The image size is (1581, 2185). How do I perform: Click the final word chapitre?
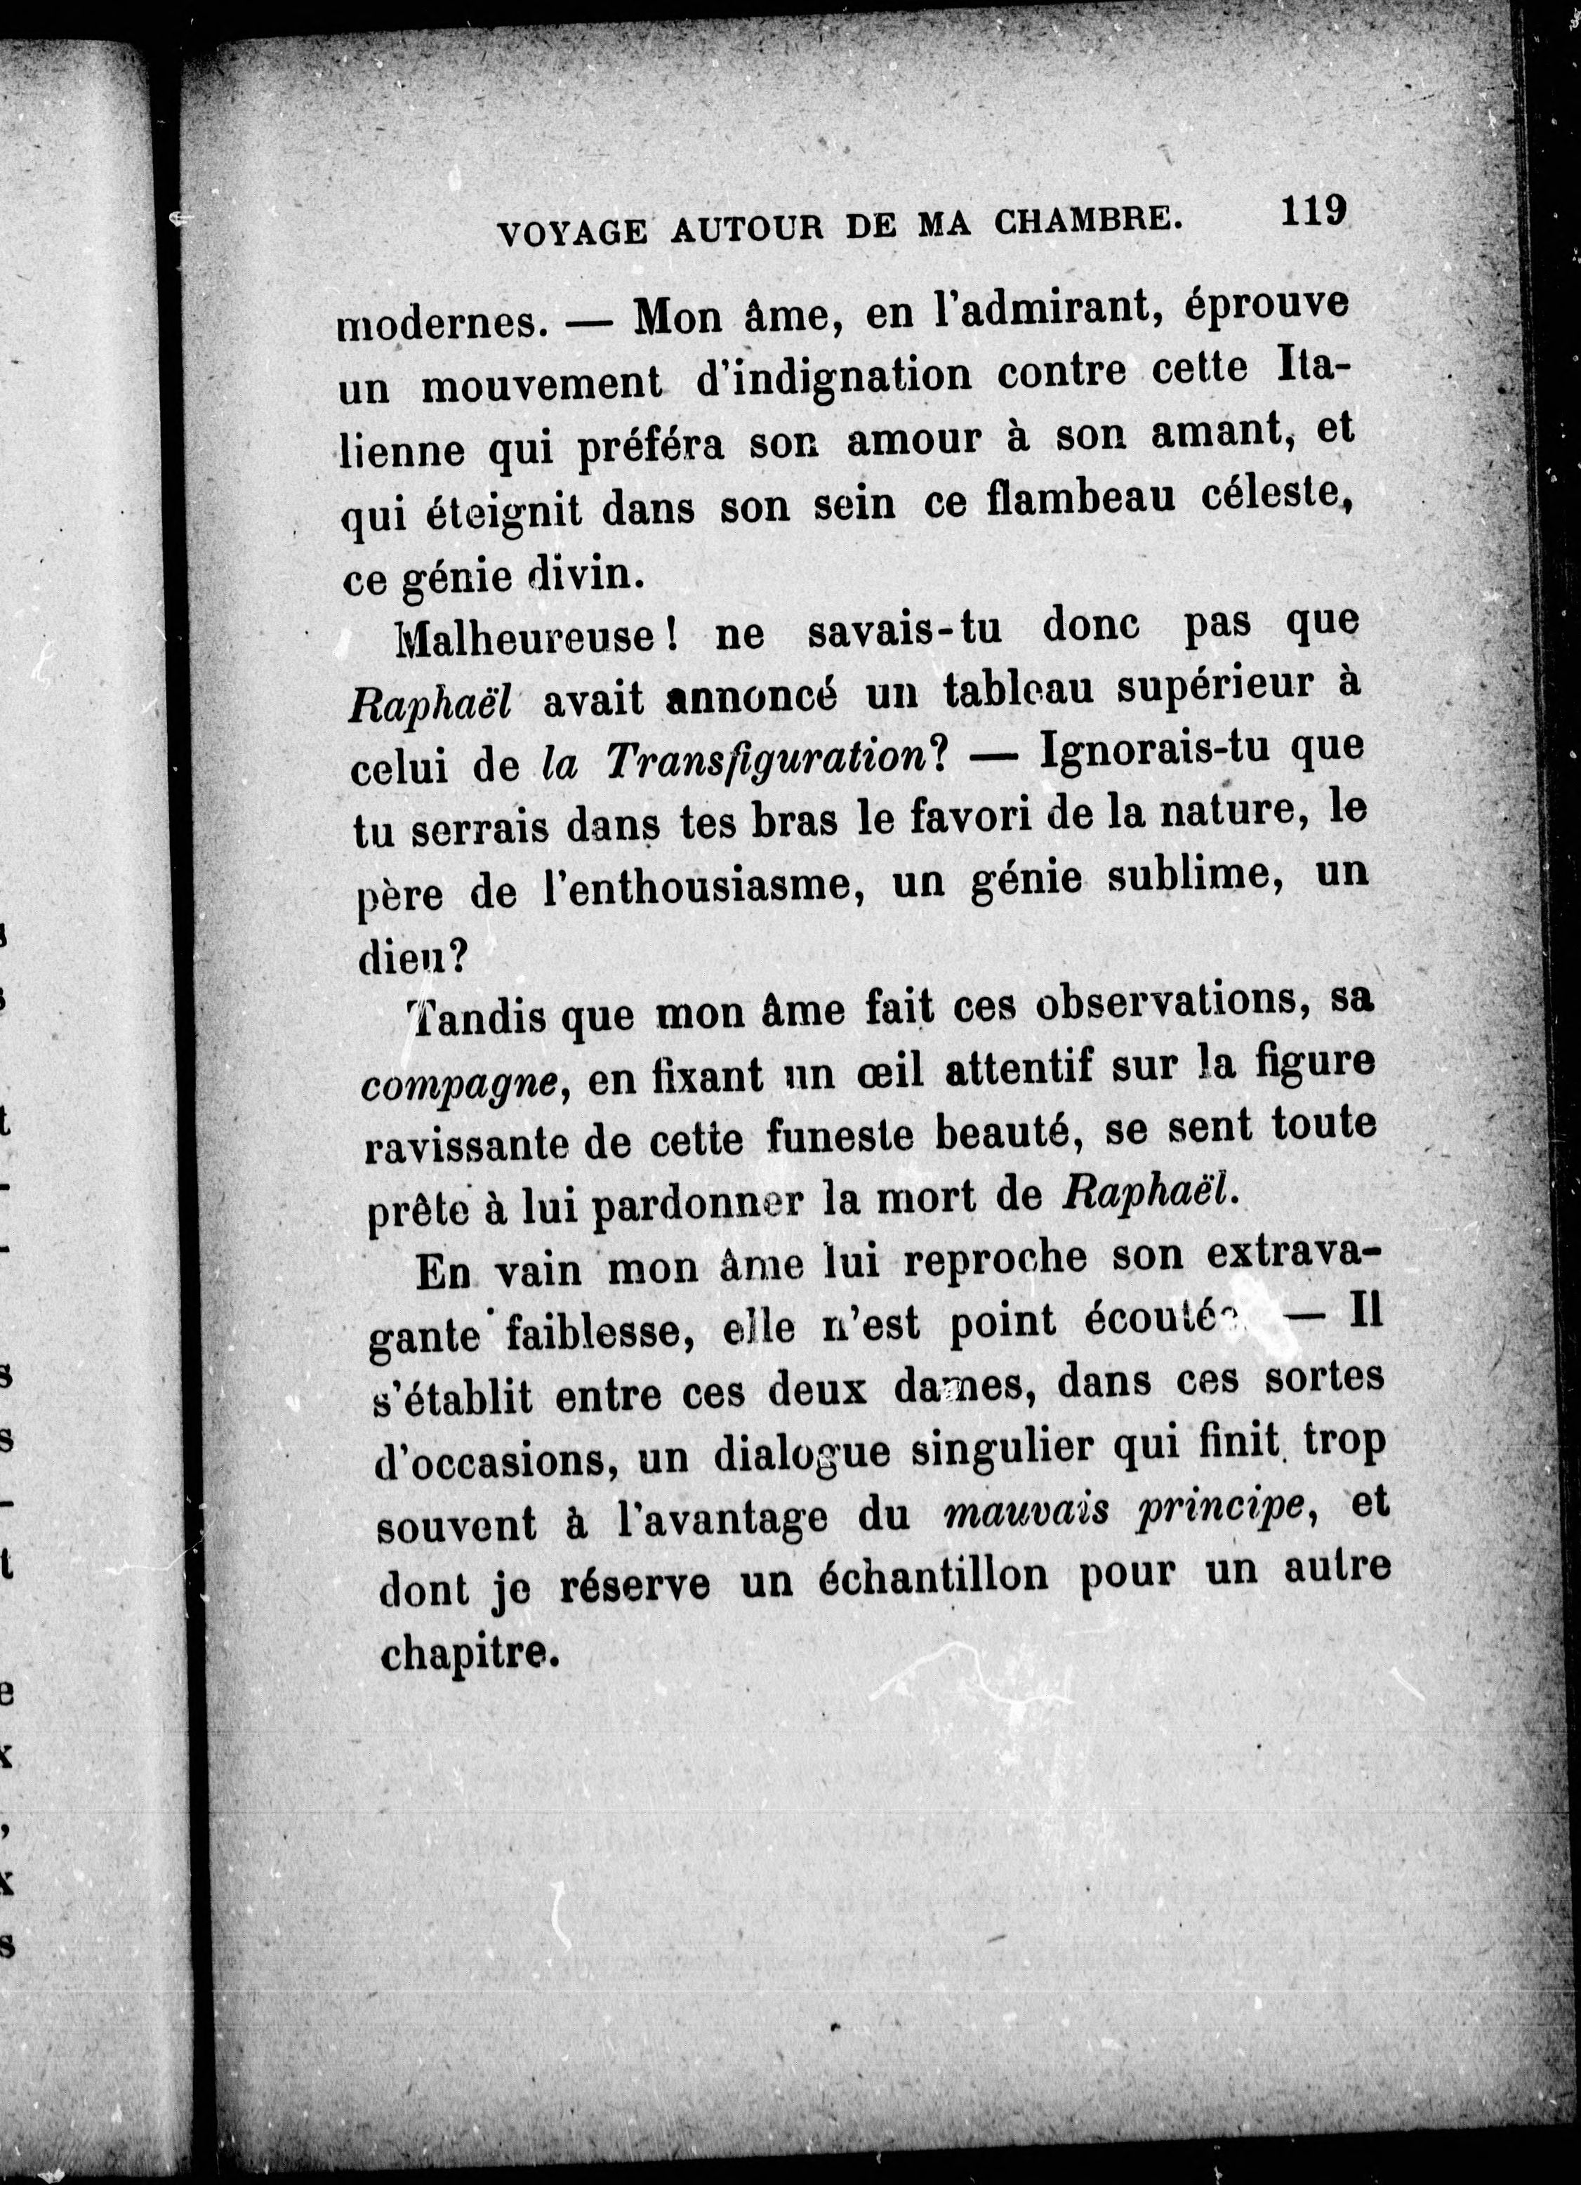tap(471, 1650)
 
